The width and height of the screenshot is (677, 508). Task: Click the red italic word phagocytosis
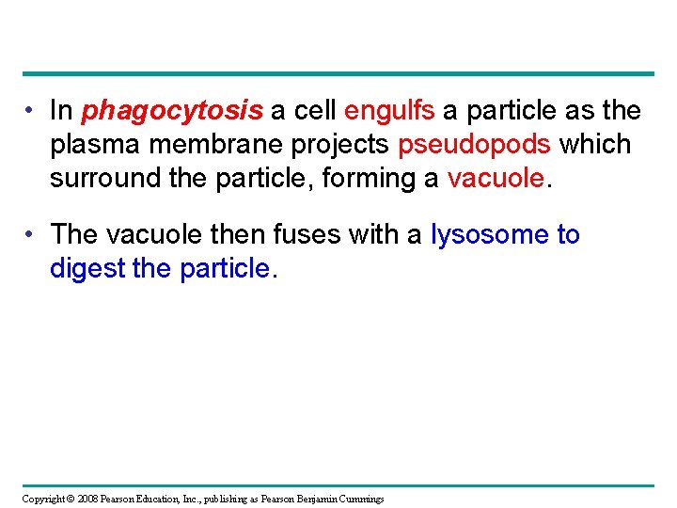(x=172, y=112)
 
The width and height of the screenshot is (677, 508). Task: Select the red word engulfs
(x=389, y=112)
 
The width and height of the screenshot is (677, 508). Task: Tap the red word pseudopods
(x=474, y=146)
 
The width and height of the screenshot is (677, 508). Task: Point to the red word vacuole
(x=496, y=179)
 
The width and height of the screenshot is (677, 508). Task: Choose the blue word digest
(x=87, y=268)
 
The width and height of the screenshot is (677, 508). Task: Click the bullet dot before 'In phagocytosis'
(x=32, y=111)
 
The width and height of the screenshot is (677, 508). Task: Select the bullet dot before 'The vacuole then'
(x=32, y=234)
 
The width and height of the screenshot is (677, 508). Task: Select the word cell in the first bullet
(x=314, y=111)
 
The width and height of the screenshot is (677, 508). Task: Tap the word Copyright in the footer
(x=44, y=499)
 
